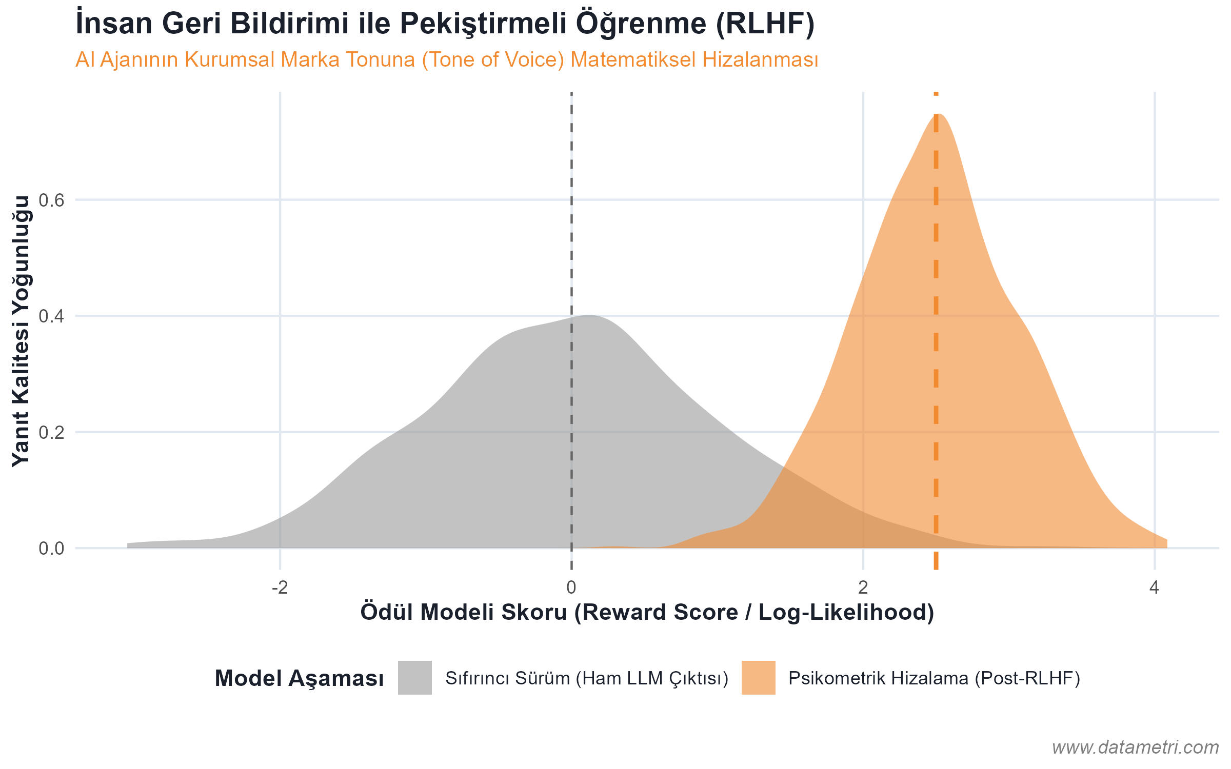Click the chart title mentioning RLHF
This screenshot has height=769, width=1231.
coord(445,24)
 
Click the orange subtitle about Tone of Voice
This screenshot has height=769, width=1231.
coord(447,60)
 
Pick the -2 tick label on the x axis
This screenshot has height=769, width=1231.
coord(280,588)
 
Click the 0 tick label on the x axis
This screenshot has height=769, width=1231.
coord(571,588)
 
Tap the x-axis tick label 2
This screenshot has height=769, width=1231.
coord(863,588)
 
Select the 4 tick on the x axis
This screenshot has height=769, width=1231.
coord(1155,588)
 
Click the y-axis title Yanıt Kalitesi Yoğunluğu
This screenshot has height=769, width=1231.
coord(22,331)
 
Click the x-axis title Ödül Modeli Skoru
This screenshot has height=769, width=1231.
coord(647,613)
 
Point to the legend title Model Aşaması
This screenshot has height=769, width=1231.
coord(299,678)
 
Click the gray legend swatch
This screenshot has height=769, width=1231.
coord(414,678)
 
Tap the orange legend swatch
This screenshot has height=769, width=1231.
coord(758,678)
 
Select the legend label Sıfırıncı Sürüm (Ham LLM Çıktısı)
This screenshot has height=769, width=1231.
coord(587,678)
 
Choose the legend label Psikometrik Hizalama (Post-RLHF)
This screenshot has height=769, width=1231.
coord(934,678)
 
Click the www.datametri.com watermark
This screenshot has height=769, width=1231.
coord(1135,747)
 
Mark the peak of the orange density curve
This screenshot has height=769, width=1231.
coord(939,114)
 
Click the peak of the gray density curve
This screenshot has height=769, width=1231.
coord(590,315)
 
